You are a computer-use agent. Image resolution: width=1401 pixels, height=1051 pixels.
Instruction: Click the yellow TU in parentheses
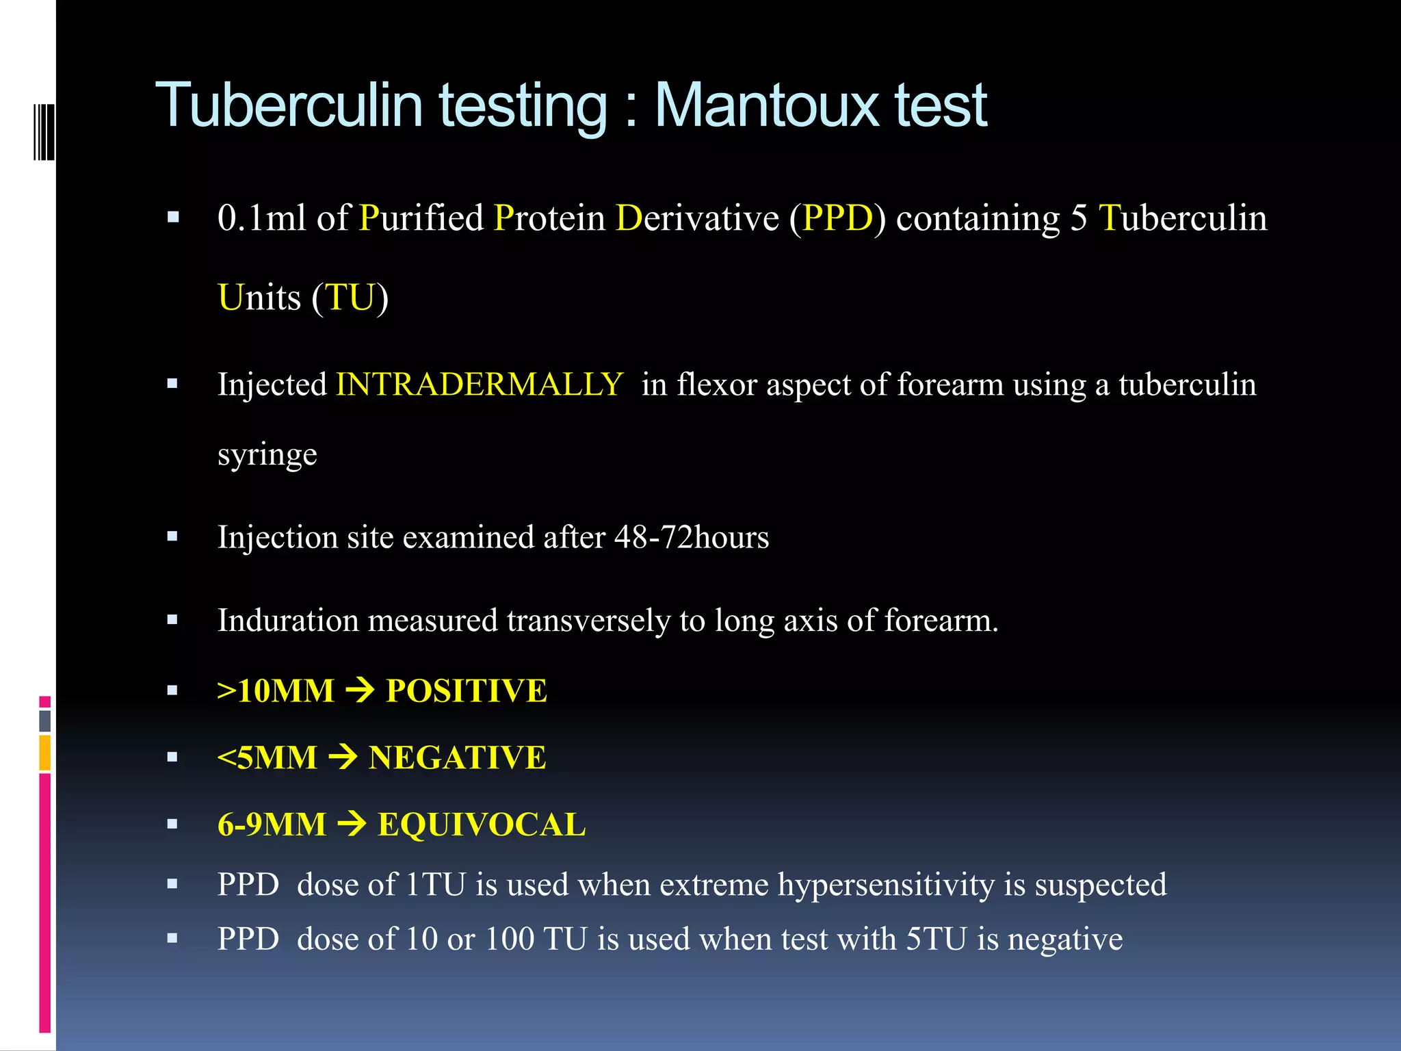[x=350, y=298]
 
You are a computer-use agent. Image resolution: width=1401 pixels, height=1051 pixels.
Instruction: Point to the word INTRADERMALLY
[x=480, y=385]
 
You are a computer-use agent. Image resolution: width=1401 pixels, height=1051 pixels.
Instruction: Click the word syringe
[x=267, y=455]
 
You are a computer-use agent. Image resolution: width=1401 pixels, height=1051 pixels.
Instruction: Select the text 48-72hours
[x=692, y=537]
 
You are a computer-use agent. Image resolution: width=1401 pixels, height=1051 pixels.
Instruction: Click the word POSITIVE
[x=467, y=690]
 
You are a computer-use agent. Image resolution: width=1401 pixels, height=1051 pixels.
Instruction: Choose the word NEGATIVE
[x=458, y=757]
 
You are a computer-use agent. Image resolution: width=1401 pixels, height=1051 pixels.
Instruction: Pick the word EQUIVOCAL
[x=482, y=825]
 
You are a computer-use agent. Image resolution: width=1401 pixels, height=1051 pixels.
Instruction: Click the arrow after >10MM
[x=360, y=690]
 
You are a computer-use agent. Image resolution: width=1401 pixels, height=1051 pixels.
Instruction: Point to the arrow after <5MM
[x=343, y=757]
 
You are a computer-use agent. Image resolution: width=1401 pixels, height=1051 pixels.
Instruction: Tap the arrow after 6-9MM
[x=352, y=824]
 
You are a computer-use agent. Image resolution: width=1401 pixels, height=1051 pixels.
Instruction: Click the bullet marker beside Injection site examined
[x=172, y=537]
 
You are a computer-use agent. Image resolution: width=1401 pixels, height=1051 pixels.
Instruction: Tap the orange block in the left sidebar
[x=45, y=752]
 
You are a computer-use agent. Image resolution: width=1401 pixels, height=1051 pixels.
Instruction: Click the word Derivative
[x=697, y=218]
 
